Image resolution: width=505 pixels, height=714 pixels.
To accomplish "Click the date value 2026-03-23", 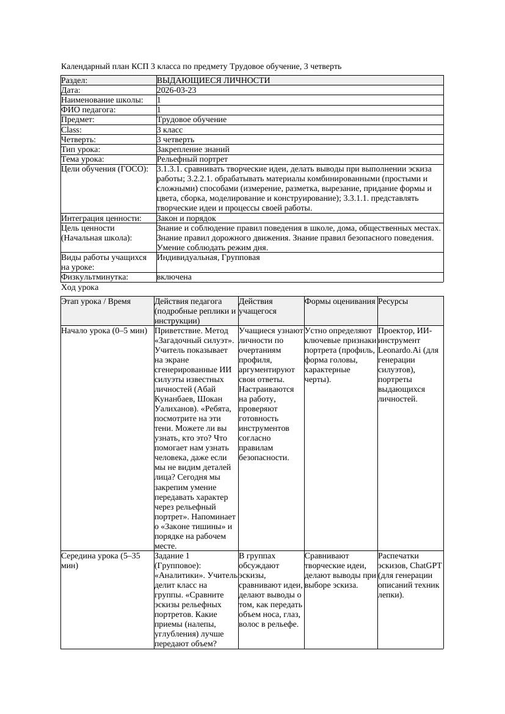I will [176, 90].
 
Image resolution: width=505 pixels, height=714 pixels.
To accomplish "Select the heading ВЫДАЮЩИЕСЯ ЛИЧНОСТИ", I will [213, 81].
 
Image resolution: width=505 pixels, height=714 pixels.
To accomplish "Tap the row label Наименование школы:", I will [102, 100].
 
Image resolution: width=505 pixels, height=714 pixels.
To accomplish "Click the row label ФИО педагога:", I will [89, 110].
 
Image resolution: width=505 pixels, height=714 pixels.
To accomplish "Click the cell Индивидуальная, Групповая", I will [208, 258].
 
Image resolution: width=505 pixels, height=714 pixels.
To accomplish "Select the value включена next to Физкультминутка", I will [174, 277].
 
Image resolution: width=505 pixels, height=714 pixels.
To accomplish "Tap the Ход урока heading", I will [80, 287].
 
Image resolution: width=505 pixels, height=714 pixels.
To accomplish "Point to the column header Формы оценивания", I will [340, 301].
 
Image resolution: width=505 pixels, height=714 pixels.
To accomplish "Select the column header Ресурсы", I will [393, 301].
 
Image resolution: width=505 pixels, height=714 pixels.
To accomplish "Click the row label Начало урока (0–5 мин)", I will [104, 331].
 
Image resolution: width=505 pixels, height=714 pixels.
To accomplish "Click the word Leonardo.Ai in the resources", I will [401, 350].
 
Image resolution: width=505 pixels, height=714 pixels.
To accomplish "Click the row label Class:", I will [71, 129].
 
